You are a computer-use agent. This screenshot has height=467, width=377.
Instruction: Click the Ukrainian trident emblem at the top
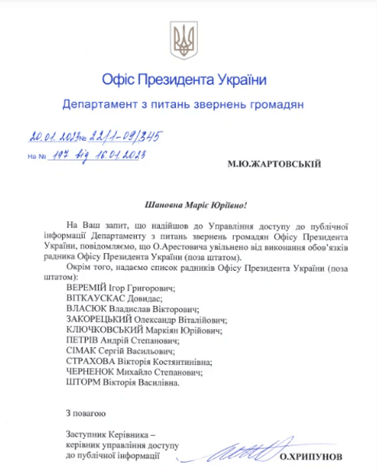coord(184,39)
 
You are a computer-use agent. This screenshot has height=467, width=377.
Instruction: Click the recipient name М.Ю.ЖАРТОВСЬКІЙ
coord(273,164)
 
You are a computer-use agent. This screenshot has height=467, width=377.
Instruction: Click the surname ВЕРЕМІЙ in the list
coord(89,287)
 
